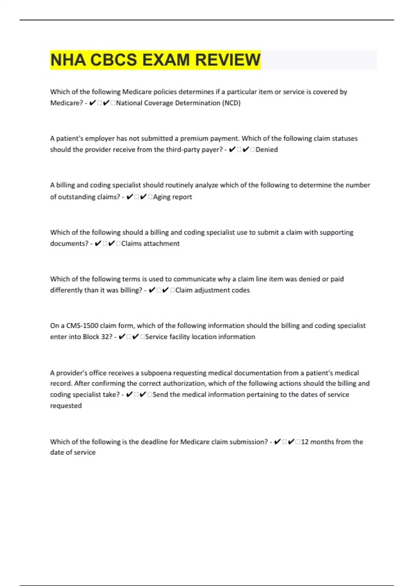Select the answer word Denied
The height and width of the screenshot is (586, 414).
pos(267,150)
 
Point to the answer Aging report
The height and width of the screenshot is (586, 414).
pos(172,197)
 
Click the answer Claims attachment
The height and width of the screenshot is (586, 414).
pos(150,243)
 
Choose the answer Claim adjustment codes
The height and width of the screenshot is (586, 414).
pos(213,290)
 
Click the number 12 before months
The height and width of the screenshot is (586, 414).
pos(305,442)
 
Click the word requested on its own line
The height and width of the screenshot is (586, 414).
pos(66,406)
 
